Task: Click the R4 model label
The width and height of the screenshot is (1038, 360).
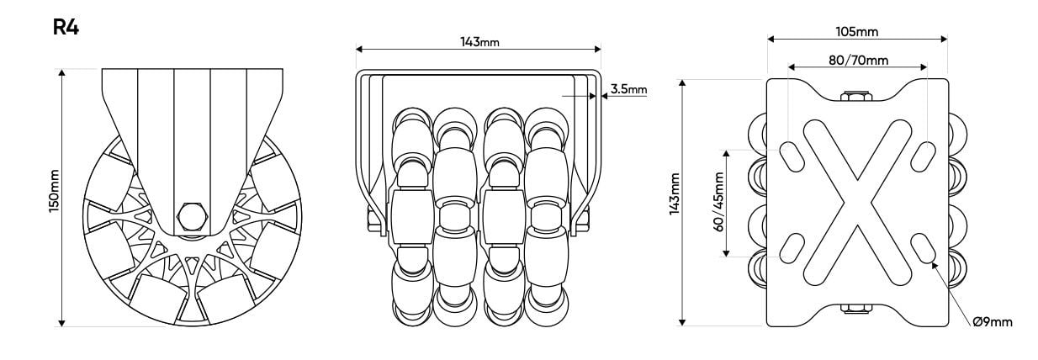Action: (x=66, y=27)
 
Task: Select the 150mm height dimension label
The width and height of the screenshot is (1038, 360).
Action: (x=54, y=191)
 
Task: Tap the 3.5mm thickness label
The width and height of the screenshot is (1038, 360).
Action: (x=628, y=89)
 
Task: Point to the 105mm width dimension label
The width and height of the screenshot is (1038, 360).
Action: (x=857, y=31)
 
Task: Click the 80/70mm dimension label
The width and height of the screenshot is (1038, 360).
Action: (x=858, y=61)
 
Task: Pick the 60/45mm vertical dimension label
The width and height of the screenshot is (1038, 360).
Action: (x=718, y=202)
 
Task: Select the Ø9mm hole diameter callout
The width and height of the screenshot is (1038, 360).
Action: (x=993, y=321)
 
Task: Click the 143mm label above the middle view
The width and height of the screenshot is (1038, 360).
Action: (x=479, y=42)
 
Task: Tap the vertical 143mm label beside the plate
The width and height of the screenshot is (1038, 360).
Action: (x=675, y=194)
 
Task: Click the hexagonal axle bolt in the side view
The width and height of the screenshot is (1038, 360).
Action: (x=191, y=217)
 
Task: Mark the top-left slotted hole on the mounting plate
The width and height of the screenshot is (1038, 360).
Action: (x=792, y=156)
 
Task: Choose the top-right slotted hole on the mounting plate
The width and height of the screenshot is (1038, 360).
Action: (x=923, y=156)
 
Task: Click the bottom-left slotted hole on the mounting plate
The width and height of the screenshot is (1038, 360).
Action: (x=792, y=248)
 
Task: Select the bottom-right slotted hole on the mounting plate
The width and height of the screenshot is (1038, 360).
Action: (x=923, y=248)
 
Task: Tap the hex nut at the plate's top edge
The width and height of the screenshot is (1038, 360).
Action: (x=856, y=96)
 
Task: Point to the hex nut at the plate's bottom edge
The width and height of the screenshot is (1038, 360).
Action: (x=856, y=309)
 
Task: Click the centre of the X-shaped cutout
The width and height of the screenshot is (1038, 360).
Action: (x=857, y=203)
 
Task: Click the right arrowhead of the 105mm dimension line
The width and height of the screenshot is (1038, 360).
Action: (x=944, y=39)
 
